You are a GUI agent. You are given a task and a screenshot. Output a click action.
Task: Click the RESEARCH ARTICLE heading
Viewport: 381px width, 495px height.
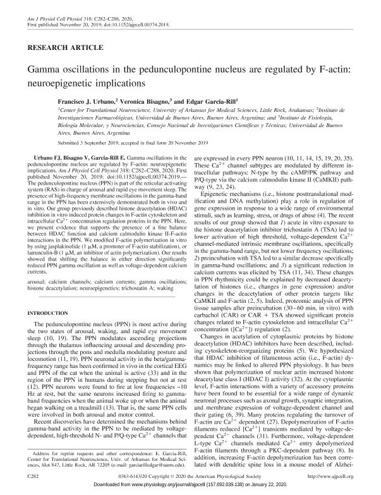click(56, 47)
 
